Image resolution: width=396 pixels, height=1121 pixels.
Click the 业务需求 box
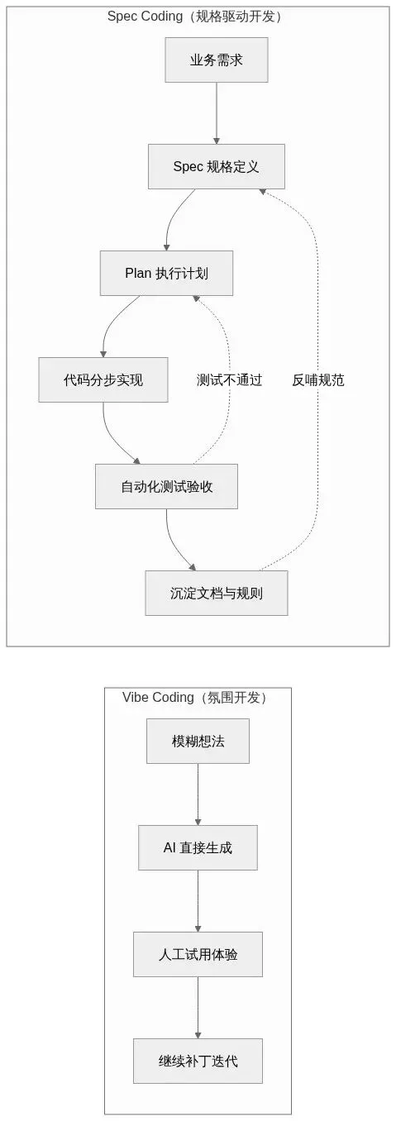point(217,60)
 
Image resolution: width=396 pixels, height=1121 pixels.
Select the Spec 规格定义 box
point(217,167)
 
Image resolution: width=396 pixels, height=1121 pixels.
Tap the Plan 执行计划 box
point(166,274)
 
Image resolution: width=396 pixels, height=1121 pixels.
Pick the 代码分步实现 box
point(103,379)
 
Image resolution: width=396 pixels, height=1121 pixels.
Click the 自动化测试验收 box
point(166,486)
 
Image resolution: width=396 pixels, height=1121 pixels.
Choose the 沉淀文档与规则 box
point(217,593)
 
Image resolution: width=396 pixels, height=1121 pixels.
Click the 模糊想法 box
point(198,742)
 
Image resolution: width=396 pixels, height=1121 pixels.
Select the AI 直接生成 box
point(198,847)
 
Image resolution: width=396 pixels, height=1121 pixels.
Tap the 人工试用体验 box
point(198,954)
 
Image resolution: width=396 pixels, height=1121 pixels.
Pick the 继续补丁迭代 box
point(198,1061)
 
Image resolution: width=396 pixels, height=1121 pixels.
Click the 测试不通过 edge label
point(229,380)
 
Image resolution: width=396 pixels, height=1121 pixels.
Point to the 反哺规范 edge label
point(318,380)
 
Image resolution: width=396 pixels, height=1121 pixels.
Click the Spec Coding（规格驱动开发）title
point(195,17)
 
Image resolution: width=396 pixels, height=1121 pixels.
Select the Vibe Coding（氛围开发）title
point(195,698)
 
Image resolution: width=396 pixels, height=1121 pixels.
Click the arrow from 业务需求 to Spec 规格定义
point(217,113)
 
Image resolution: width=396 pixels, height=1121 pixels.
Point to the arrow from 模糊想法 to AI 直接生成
point(198,794)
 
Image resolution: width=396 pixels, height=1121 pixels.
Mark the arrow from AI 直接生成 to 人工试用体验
point(198,901)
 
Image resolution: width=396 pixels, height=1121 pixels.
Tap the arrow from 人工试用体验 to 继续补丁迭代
point(198,1008)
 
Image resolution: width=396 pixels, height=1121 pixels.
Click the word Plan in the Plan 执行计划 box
point(138,274)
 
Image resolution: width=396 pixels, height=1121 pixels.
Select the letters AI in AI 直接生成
point(169,847)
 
